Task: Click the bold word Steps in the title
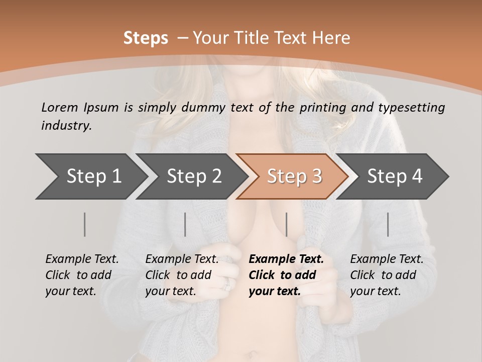click(146, 38)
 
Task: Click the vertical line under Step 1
click(85, 224)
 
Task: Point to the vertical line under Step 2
click(185, 224)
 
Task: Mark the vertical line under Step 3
click(287, 224)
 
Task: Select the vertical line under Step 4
click(388, 224)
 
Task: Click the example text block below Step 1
click(82, 275)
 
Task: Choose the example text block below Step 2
click(182, 275)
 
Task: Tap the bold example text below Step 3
click(286, 275)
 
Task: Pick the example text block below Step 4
click(387, 275)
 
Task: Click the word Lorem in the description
click(59, 108)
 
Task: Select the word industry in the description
click(66, 125)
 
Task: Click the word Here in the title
click(331, 38)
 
